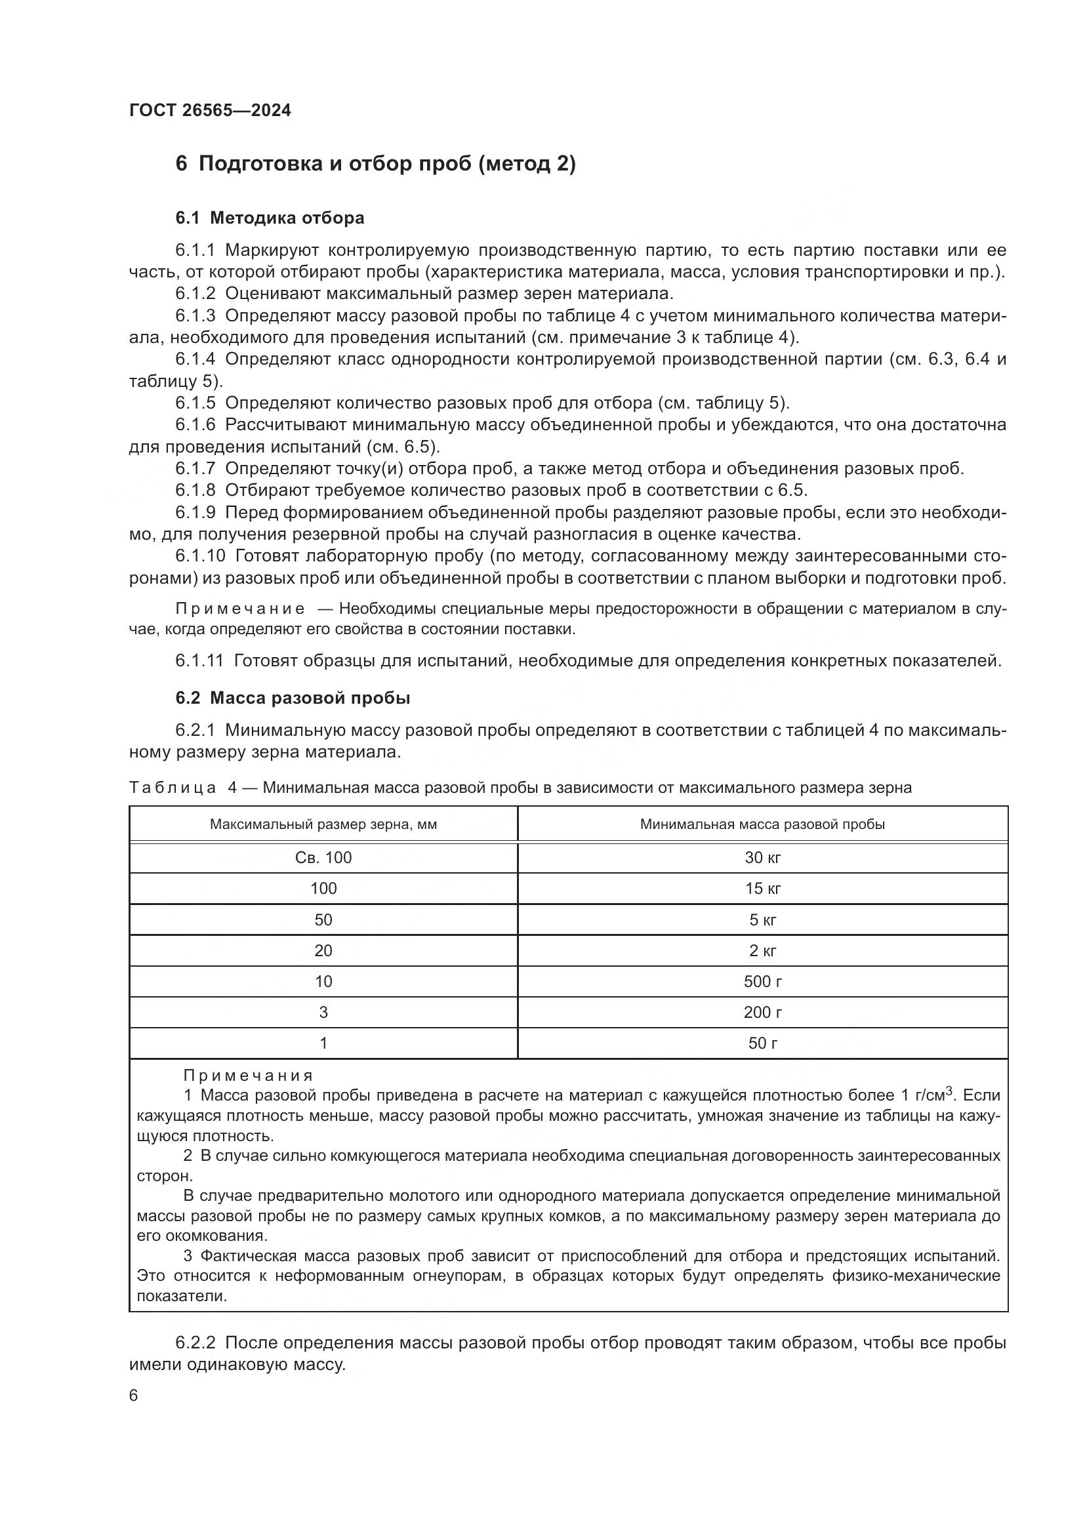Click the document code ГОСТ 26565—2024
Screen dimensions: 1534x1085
210,111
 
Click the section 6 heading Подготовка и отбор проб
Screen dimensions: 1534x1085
375,164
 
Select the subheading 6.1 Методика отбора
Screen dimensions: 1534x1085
270,218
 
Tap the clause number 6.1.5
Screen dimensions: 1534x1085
195,403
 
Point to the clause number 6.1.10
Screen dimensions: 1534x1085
201,556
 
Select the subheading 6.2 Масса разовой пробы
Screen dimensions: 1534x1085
293,698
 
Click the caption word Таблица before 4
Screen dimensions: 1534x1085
173,788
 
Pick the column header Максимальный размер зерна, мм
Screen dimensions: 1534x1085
323,824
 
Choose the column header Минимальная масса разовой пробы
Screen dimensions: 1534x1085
762,824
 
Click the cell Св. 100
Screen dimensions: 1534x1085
323,858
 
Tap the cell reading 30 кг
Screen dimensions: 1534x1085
762,858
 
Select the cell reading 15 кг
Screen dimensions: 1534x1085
762,889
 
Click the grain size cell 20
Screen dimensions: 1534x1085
323,951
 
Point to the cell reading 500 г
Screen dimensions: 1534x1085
762,982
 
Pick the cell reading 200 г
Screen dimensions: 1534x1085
762,1012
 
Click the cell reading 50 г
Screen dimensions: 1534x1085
762,1043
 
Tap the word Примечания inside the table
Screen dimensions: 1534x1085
248,1076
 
